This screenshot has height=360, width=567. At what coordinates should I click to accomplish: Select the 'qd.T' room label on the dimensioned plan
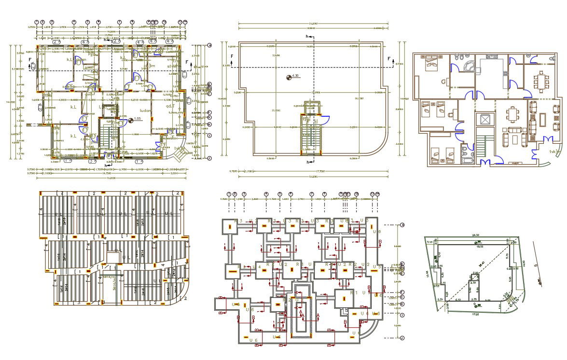click(x=169, y=107)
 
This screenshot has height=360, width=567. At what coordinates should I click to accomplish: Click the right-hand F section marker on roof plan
click(x=389, y=59)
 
